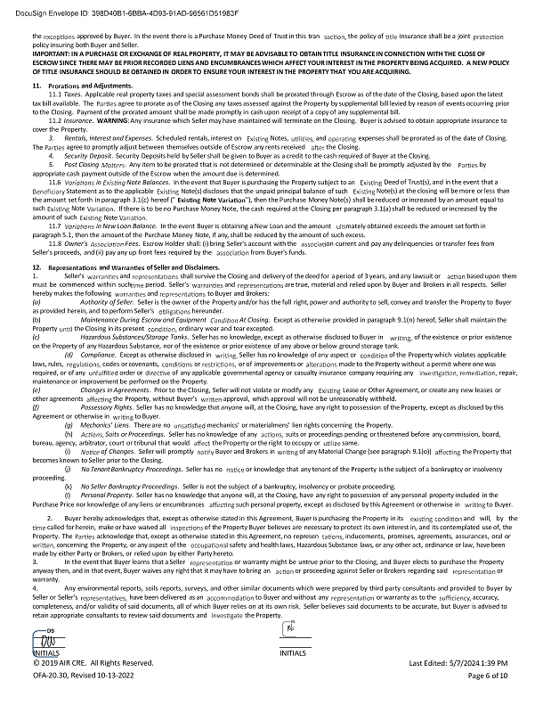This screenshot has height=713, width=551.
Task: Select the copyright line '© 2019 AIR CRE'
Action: point(80,689)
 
